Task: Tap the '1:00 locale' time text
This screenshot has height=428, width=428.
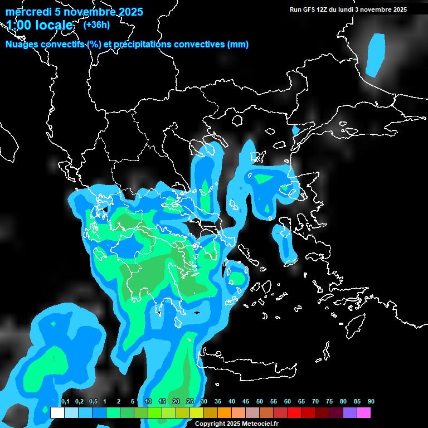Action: (40, 25)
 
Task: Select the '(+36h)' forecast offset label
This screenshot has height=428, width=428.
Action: (96, 25)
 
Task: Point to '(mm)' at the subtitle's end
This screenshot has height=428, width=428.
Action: (238, 45)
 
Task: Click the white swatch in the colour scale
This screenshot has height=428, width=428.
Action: (57, 413)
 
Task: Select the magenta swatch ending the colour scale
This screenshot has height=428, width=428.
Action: (364, 413)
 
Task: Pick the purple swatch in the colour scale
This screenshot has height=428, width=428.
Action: (350, 413)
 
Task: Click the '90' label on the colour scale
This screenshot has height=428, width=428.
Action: (371, 402)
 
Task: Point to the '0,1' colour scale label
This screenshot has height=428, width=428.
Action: (65, 402)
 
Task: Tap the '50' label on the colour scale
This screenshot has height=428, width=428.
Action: (260, 402)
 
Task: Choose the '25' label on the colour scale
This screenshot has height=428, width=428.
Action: (190, 402)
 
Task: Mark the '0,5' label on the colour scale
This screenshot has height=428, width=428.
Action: (93, 402)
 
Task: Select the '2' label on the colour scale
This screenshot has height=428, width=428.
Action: (119, 402)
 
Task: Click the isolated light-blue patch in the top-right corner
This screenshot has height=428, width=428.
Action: (376, 54)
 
